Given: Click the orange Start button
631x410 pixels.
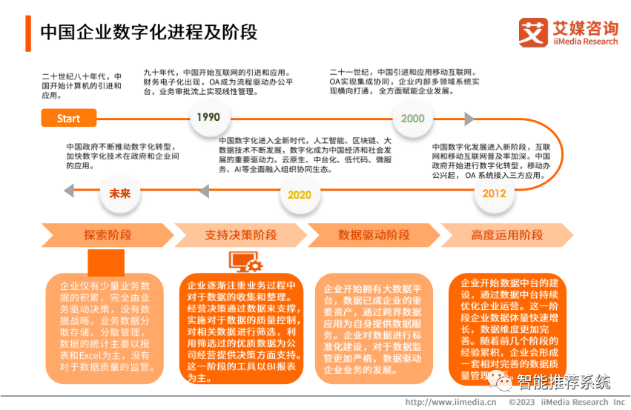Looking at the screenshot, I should point(69,118).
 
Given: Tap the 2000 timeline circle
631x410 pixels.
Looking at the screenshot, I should point(412,118).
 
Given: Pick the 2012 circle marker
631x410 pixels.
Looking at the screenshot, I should point(494,194).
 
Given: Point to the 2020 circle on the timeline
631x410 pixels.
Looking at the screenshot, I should point(299,194).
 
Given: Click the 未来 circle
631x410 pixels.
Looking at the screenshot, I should point(120,193).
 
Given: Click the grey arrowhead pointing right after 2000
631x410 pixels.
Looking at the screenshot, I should point(469,119).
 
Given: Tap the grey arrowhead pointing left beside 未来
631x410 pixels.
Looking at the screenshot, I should point(68,191).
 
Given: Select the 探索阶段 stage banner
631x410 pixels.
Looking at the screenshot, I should point(108,235).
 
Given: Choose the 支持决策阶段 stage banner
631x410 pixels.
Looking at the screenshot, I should point(240,235).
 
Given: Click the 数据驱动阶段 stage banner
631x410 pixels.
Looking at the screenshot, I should point(374,235).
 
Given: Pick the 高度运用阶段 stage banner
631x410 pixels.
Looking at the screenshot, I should point(507,235).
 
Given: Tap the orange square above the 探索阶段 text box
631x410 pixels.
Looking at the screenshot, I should point(106,262).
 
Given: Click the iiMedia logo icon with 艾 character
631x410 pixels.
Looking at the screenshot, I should point(533,33).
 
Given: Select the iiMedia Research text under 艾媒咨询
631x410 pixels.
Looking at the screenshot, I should point(585,42).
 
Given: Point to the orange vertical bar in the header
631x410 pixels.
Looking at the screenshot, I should point(28,33).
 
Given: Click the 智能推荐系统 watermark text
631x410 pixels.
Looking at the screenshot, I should point(564,382).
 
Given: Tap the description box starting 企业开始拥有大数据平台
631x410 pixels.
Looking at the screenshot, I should point(374,328).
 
